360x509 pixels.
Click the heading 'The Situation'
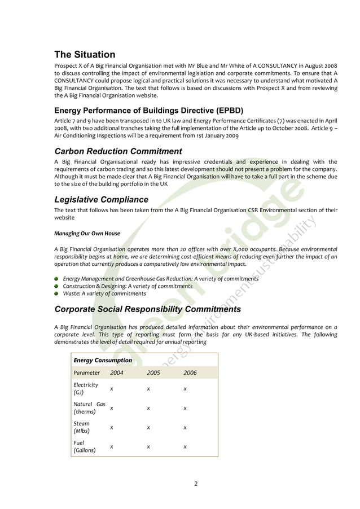tap(85, 55)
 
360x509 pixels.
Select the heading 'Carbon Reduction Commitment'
tap(118, 151)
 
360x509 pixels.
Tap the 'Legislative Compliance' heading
tap(101, 200)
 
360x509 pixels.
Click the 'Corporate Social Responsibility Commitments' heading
tap(147, 309)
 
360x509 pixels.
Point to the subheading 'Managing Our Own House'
tap(87, 233)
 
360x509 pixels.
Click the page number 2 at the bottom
tap(195, 483)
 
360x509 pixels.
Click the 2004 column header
tap(117, 373)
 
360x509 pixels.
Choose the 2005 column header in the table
tap(153, 373)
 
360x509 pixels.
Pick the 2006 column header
tap(190, 373)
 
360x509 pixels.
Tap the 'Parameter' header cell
tap(86, 373)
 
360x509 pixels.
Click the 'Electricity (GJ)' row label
tap(86, 389)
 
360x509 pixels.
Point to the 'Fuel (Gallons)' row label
tap(84, 447)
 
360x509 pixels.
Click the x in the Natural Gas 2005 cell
tap(148, 408)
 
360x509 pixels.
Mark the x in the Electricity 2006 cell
tap(185, 389)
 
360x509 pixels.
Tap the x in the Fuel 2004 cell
tap(112, 447)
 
